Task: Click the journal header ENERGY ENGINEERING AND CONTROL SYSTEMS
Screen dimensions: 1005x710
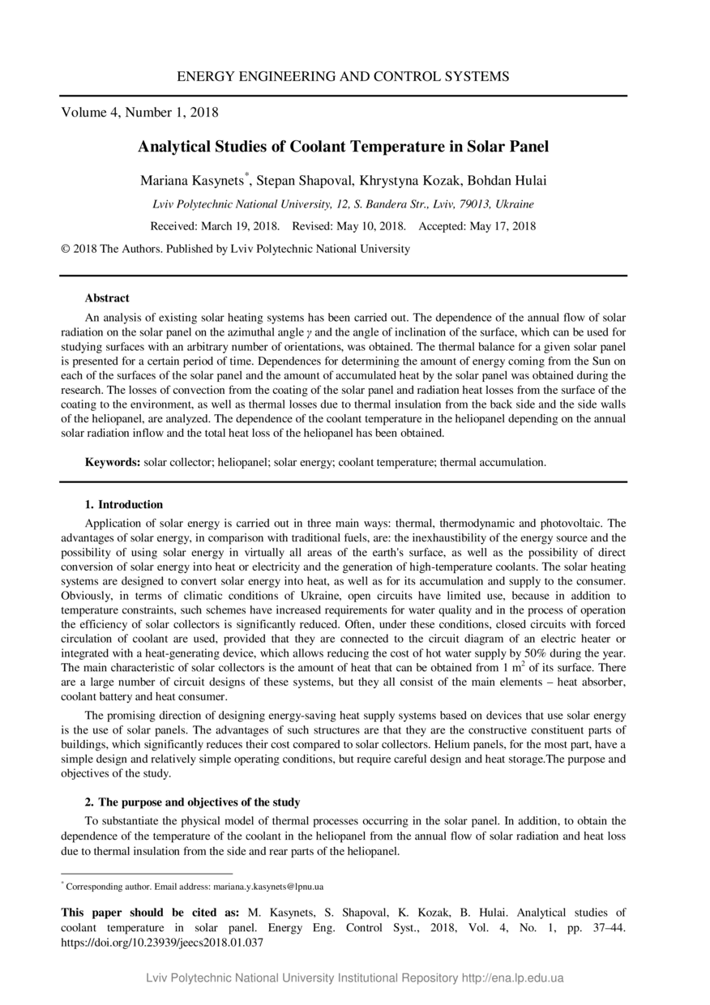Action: pos(343,77)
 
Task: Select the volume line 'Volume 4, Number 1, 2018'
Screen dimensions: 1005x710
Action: pos(139,113)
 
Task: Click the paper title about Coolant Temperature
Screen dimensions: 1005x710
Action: pos(343,147)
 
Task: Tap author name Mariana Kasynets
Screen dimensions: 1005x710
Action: pos(192,180)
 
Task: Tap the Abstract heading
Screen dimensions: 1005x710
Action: pos(107,298)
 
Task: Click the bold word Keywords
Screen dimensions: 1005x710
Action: pos(113,462)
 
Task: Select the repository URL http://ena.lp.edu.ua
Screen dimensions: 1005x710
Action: pos(512,978)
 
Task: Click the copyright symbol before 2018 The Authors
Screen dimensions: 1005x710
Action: pos(66,249)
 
